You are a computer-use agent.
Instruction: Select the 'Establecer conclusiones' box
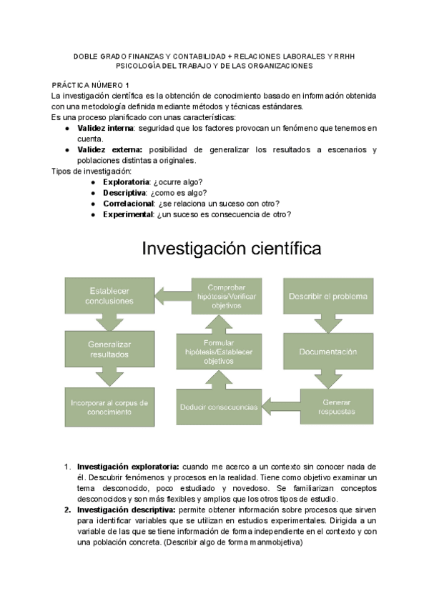(109, 296)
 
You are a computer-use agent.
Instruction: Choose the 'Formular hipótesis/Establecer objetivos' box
(219, 352)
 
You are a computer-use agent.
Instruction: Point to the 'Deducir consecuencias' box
(219, 407)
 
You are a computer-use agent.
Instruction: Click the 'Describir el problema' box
(328, 296)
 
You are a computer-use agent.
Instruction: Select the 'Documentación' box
(328, 352)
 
